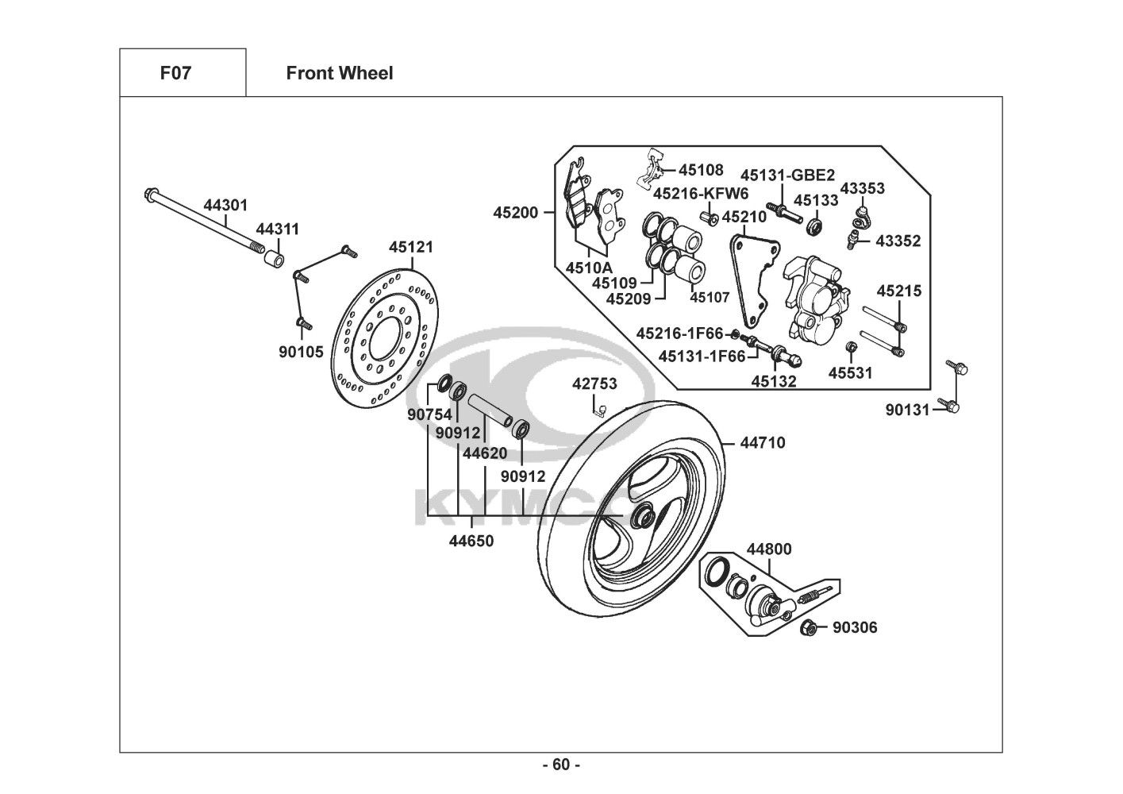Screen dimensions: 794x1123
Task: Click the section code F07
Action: coord(175,73)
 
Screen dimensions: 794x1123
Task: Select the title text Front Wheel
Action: coord(339,73)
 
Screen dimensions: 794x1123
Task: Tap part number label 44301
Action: coord(225,205)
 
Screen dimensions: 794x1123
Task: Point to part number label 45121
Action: coord(410,247)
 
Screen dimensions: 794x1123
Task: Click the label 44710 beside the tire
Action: coord(762,442)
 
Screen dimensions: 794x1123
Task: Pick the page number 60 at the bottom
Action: coord(561,765)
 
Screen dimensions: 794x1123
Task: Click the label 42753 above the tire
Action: coord(594,384)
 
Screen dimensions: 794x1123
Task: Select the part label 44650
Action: coord(471,542)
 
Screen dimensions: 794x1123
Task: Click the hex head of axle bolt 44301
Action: coord(150,195)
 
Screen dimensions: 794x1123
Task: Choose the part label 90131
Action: coord(907,410)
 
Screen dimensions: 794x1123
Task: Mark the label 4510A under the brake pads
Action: coord(589,268)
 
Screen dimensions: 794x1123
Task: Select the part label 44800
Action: coord(768,549)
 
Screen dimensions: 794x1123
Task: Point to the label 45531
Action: coord(851,372)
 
